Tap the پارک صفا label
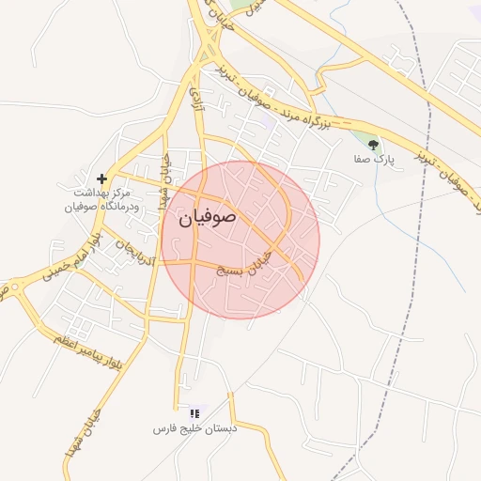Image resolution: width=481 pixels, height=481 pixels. pos(374,160)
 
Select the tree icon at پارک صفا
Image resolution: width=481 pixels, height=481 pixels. pos(374,145)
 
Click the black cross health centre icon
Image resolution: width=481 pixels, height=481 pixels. pos(101,178)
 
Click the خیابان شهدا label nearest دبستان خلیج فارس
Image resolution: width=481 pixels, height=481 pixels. pos(74,436)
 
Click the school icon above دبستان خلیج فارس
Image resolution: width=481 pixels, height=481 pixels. pos(194,412)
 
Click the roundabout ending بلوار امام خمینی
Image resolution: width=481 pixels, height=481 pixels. pos(13,286)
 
